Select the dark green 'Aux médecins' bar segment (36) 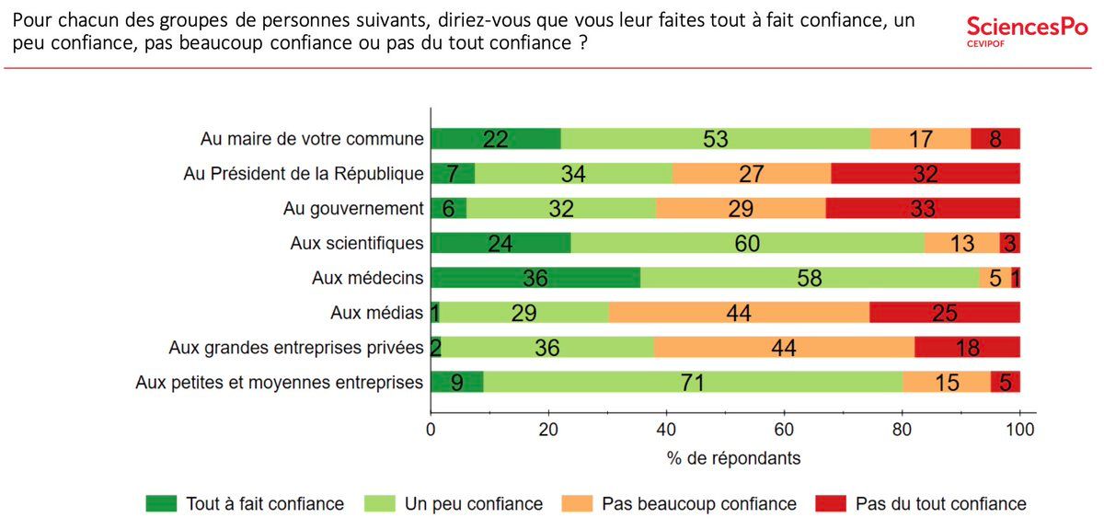click(535, 278)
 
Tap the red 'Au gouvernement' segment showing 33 click(923, 208)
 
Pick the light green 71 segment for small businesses click(693, 382)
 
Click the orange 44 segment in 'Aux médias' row click(738, 313)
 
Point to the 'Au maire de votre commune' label click(312, 139)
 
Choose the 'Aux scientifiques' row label click(357, 243)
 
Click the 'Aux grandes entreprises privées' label click(296, 348)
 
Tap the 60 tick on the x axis click(784, 429)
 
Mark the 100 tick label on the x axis click(1019, 429)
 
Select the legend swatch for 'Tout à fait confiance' click(161, 503)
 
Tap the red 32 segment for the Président click(926, 174)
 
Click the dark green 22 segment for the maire click(496, 139)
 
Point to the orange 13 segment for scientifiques click(961, 243)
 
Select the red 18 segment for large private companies click(967, 348)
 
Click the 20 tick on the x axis click(548, 429)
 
